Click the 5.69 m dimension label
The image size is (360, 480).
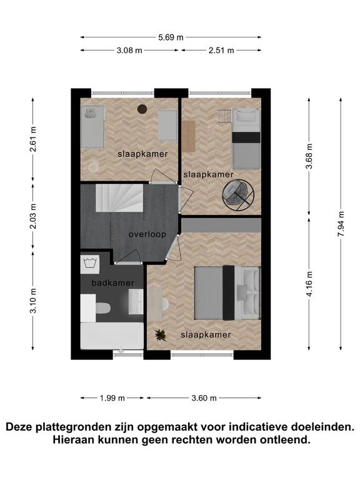171,37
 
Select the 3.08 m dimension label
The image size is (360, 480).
129,50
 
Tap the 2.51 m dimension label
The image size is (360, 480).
221,50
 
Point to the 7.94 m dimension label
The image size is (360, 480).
341,224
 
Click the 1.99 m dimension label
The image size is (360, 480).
112,398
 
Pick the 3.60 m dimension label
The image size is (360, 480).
204,398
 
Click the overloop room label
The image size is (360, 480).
147,234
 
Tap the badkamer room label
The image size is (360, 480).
113,283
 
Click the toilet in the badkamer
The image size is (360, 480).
102,308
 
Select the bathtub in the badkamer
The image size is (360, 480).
112,336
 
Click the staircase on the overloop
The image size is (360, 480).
119,197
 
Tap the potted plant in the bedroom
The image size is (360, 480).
161,335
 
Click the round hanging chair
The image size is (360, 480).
239,195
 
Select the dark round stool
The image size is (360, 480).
142,109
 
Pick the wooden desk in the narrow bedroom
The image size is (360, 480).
189,136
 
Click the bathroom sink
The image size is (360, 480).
136,302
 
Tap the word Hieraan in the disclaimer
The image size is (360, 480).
73,440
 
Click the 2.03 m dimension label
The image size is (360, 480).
32,216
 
